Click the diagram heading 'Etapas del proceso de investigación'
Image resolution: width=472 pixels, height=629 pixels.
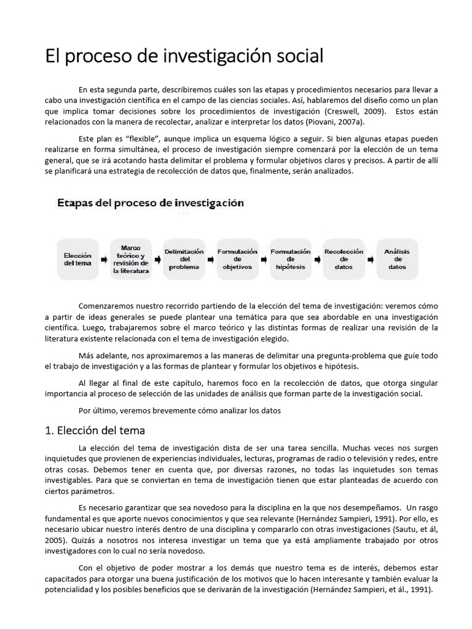151,203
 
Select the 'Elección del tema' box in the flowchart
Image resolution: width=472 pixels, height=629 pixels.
78,259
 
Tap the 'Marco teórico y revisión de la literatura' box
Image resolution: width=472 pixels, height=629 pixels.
132,259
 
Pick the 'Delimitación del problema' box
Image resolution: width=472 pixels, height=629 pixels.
184,259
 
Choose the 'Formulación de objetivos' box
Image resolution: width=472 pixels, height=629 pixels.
237,259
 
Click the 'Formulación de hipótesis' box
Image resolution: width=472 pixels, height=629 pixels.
291,259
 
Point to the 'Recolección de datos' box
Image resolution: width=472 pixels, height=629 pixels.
344,259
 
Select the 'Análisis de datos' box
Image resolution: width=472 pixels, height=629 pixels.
397,259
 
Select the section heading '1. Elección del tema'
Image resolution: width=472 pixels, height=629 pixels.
95,430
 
